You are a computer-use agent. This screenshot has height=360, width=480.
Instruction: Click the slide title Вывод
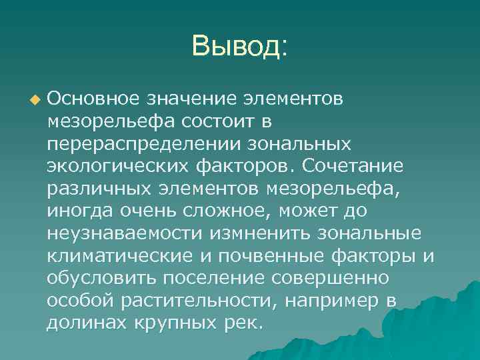coord(239,47)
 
